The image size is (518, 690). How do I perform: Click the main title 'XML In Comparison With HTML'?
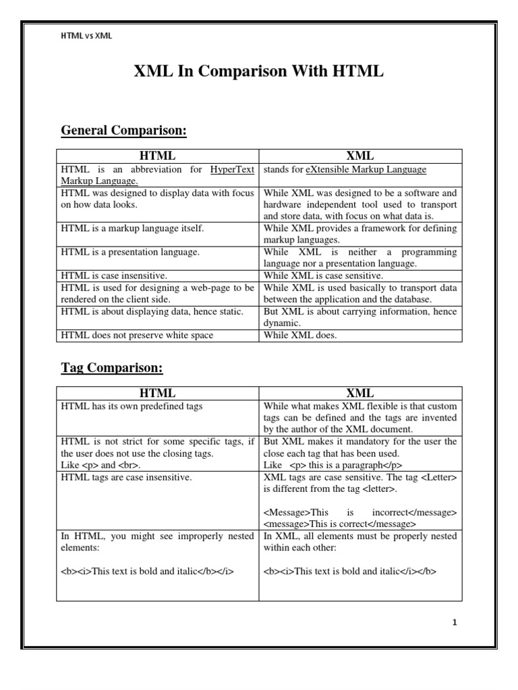(x=259, y=72)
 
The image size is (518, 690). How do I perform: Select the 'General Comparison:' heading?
(x=123, y=130)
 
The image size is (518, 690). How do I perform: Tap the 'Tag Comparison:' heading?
(x=112, y=368)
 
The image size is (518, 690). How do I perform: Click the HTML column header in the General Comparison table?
(x=157, y=156)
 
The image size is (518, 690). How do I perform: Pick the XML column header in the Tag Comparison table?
(x=360, y=393)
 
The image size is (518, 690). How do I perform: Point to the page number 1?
(x=455, y=623)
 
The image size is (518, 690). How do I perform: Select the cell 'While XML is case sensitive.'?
(x=323, y=276)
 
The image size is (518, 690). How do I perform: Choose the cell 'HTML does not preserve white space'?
(x=137, y=334)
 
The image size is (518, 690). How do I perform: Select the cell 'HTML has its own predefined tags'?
(x=132, y=406)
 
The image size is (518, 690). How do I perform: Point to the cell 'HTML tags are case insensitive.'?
(x=126, y=477)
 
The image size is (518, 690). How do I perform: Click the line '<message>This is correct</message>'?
(x=340, y=524)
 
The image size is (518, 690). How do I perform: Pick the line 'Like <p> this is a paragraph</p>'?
(x=333, y=465)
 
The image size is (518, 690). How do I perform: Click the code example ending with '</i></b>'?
(x=350, y=571)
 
